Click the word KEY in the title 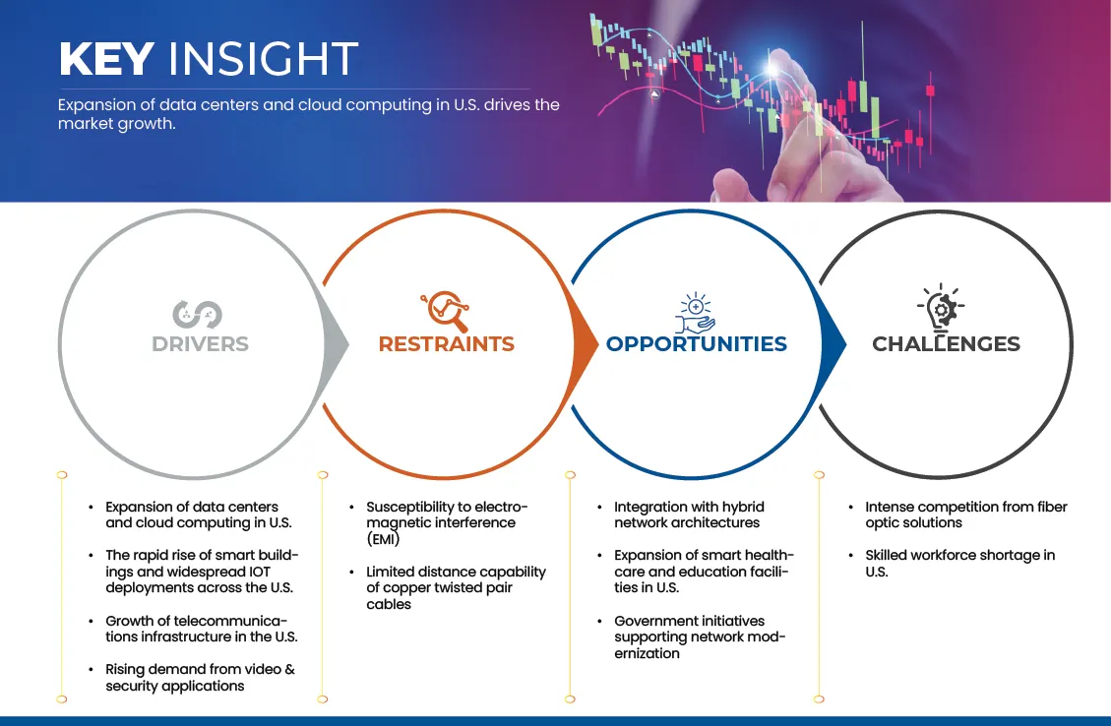pyautogui.click(x=107, y=58)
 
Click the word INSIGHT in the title pyautogui.click(x=263, y=58)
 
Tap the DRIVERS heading pyautogui.click(x=200, y=344)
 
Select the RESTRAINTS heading pyautogui.click(x=447, y=344)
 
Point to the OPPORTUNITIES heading pyautogui.click(x=697, y=344)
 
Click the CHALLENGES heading pyautogui.click(x=946, y=344)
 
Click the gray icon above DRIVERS pyautogui.click(x=197, y=315)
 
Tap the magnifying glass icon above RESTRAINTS pyautogui.click(x=446, y=311)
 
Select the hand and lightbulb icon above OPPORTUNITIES pyautogui.click(x=695, y=313)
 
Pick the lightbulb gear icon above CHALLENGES pyautogui.click(x=941, y=308)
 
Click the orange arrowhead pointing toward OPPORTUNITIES pyautogui.click(x=586, y=345)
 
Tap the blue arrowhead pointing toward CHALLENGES pyautogui.click(x=833, y=345)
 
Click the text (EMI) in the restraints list pyautogui.click(x=384, y=539)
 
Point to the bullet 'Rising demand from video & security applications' pyautogui.click(x=200, y=677)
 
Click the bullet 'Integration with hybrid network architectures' pyautogui.click(x=689, y=514)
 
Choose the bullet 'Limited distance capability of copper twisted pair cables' pyautogui.click(x=456, y=588)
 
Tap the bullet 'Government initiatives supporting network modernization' pyautogui.click(x=700, y=636)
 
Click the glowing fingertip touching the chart pyautogui.click(x=773, y=67)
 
